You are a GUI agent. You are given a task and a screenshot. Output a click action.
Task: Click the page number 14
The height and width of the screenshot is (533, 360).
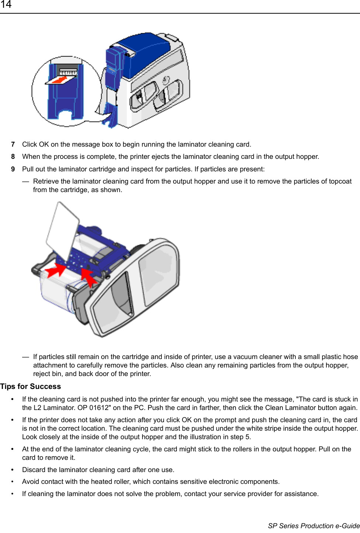point(6,5)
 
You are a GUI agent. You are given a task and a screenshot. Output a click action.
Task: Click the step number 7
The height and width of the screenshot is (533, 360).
point(13,144)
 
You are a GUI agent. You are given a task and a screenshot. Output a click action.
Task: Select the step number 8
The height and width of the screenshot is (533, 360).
point(13,157)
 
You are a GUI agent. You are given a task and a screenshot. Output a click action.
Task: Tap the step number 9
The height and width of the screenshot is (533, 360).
point(13,169)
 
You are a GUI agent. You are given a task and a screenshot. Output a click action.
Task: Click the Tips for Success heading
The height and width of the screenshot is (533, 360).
point(31,386)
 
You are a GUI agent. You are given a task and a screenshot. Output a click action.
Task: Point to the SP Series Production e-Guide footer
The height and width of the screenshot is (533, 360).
point(313,526)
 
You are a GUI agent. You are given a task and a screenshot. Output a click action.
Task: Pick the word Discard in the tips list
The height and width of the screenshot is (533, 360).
point(34,470)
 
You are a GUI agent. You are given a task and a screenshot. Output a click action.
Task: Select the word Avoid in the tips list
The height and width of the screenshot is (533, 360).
point(31,482)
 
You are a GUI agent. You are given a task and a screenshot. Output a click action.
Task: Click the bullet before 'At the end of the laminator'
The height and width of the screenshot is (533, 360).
point(13,450)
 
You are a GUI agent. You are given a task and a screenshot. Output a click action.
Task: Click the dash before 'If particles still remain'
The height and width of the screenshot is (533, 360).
point(25,357)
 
